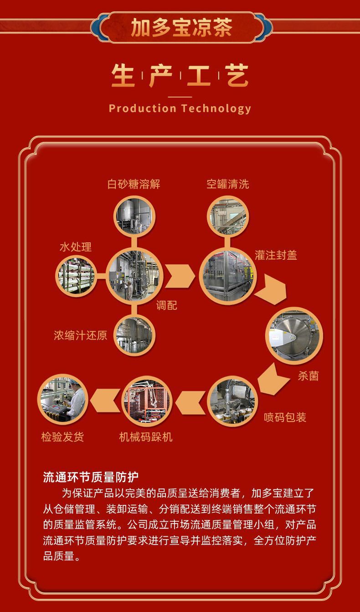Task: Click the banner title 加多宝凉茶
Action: click(181, 27)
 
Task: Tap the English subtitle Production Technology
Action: click(180, 108)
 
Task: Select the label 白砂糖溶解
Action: click(134, 184)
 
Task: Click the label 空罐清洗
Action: click(227, 184)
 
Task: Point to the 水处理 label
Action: click(76, 247)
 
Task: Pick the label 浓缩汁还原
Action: click(80, 335)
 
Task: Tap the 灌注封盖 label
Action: click(276, 255)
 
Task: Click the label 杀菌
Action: click(309, 376)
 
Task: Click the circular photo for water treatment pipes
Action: click(77, 276)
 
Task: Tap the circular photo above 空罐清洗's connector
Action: click(227, 216)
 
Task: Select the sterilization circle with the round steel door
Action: click(294, 336)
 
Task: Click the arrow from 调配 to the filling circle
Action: click(180, 276)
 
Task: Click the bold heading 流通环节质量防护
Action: click(91, 477)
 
